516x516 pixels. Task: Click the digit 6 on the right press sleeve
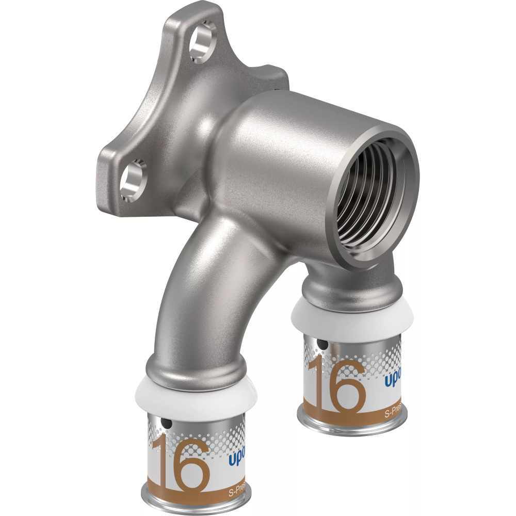(346, 387)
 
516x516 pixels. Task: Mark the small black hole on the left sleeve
(167, 424)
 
